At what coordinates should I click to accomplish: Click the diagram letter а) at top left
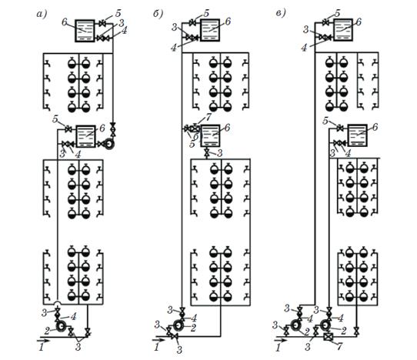tap(42, 14)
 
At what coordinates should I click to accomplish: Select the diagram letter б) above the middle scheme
tap(158, 14)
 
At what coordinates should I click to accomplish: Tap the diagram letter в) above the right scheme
tap(281, 13)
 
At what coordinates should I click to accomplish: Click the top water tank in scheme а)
tap(85, 31)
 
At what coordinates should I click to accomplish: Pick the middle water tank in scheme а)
tap(86, 136)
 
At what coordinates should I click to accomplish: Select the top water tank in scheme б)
tap(210, 30)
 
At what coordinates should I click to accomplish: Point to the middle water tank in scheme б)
tap(210, 135)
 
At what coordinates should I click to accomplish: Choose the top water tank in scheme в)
tap(343, 29)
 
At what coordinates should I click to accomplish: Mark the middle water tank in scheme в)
tap(358, 135)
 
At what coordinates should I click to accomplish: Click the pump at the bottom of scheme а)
tap(62, 326)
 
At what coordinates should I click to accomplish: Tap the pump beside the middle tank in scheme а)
tap(109, 144)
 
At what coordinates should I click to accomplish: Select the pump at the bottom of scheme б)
tap(178, 325)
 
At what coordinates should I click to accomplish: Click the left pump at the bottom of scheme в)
tap(295, 325)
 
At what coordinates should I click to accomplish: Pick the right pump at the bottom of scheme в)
tap(325, 325)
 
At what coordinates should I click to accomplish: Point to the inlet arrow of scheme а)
tap(43, 340)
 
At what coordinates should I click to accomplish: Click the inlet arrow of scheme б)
tap(159, 340)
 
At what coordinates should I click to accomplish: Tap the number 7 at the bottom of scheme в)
tap(339, 346)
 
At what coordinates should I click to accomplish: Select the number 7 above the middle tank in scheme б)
tap(208, 117)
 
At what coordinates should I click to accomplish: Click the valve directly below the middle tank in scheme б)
tap(207, 153)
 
